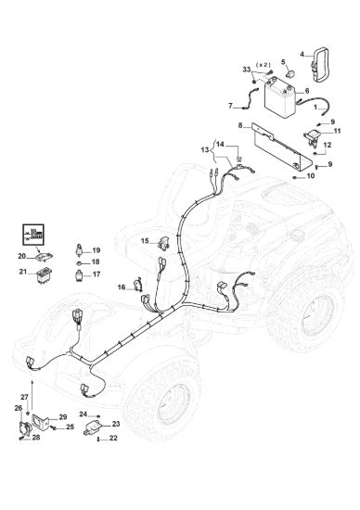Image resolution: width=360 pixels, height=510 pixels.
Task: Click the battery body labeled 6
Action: (280, 97)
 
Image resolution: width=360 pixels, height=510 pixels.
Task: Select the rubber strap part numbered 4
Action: (322, 64)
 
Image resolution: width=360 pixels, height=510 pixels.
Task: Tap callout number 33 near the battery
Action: (247, 70)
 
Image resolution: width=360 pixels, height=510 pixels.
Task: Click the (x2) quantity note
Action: (264, 65)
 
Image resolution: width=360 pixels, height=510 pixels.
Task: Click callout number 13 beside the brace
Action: (205, 150)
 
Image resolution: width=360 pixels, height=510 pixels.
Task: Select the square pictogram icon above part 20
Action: (33, 235)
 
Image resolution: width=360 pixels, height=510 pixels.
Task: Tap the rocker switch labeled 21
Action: (44, 275)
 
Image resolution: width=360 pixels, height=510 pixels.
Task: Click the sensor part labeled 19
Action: (79, 250)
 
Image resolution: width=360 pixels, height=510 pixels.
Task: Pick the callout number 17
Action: (96, 274)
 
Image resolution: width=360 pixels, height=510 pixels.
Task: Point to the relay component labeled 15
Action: (163, 243)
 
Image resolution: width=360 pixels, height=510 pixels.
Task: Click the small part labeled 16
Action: (139, 285)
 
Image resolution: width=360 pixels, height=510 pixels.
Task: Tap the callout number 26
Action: (18, 408)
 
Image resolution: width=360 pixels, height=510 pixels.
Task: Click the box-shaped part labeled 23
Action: (94, 427)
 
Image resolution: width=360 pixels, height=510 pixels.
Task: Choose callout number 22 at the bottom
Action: (113, 438)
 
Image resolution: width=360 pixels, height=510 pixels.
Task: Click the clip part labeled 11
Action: (313, 136)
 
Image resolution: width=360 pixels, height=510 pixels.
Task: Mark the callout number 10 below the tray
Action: (311, 176)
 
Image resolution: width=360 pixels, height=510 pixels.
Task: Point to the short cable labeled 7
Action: (251, 98)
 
